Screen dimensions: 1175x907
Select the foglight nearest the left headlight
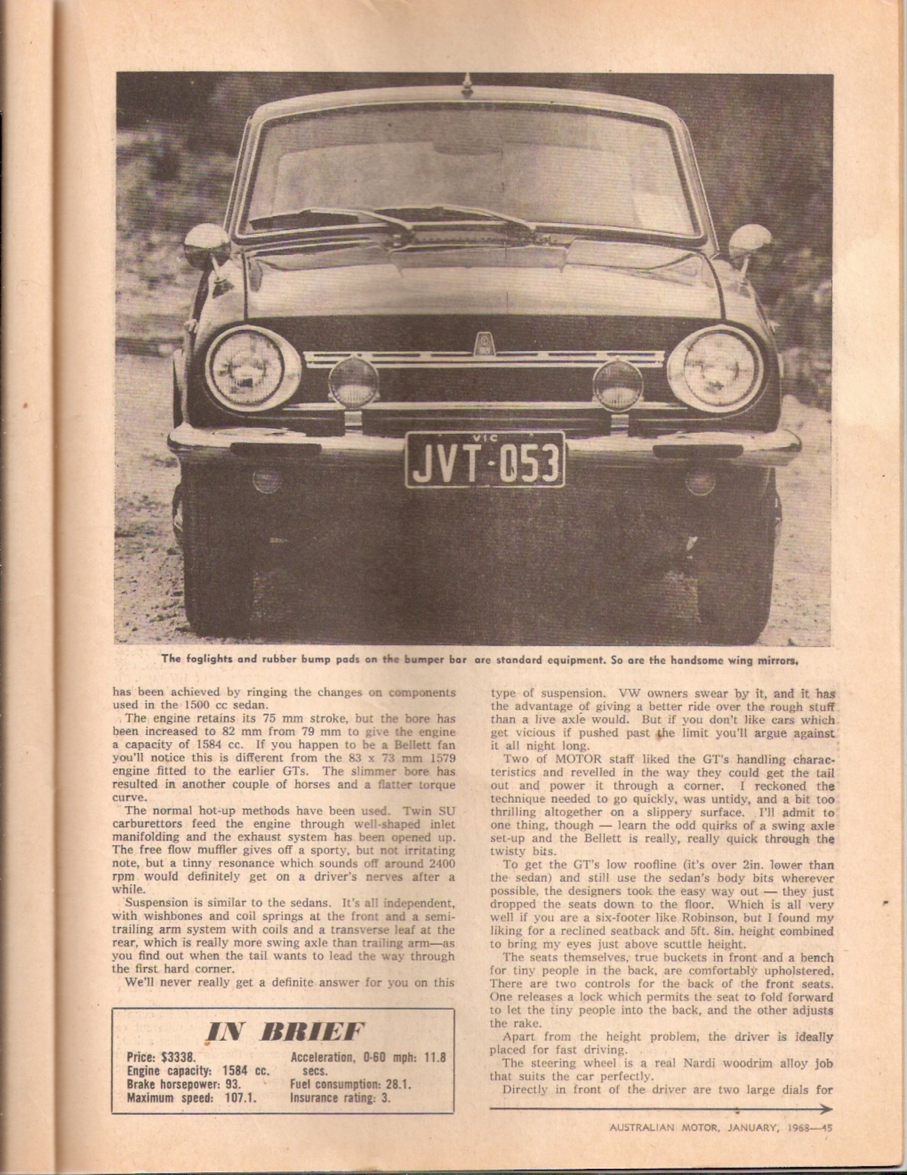(354, 385)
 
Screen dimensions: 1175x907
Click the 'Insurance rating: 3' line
(340, 1099)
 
